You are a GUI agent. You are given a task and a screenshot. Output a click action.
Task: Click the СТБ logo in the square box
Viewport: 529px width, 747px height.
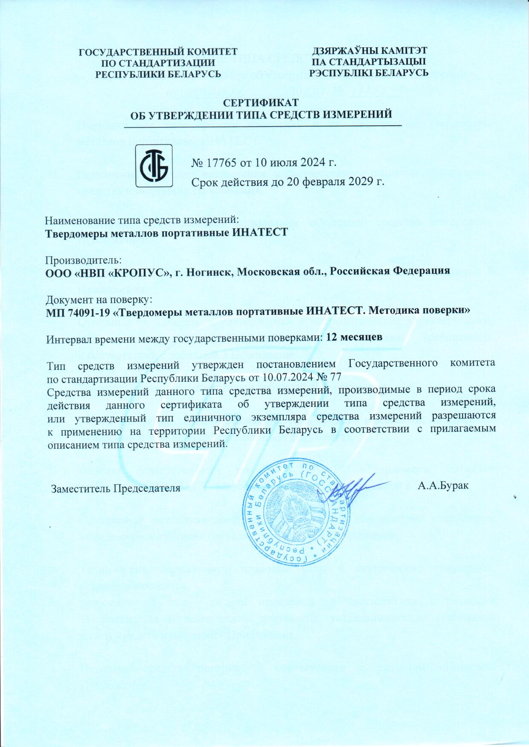[x=154, y=166]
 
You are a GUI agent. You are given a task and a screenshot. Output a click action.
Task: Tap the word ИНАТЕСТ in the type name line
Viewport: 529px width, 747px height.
[x=257, y=232]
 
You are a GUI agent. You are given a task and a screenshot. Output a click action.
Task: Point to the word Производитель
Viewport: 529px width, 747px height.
[x=84, y=260]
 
